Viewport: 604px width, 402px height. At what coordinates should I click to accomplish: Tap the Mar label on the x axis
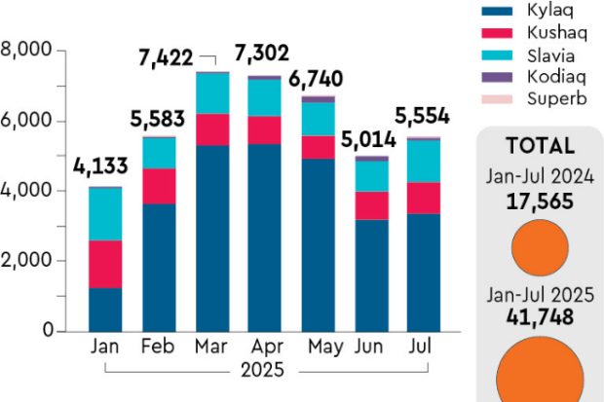click(x=211, y=347)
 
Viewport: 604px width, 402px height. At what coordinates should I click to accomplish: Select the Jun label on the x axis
click(x=371, y=347)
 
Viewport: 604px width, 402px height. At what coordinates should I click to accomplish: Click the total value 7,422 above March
click(x=167, y=61)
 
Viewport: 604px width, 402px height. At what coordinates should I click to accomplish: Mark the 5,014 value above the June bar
click(x=368, y=139)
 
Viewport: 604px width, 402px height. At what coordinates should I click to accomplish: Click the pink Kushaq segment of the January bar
click(x=105, y=264)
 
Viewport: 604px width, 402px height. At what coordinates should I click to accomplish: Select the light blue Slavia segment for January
click(x=105, y=213)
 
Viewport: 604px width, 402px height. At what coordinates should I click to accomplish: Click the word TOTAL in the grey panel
click(x=539, y=146)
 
